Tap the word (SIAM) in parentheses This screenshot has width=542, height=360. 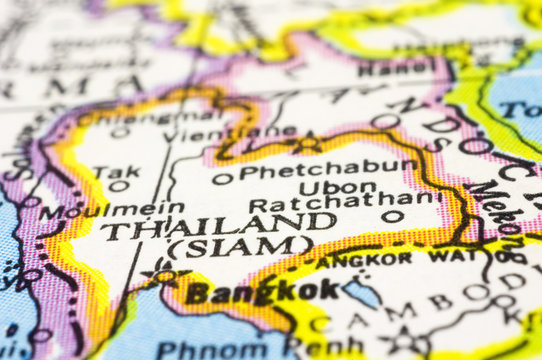point(239,246)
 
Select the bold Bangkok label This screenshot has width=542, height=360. point(262,292)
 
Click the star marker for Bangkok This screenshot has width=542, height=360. point(161,273)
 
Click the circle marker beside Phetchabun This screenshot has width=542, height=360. point(220,179)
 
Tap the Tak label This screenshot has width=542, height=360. point(117,173)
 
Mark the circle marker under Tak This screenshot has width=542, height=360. point(117,187)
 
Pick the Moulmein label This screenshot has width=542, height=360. point(111,211)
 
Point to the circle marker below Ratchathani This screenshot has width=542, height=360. point(393,216)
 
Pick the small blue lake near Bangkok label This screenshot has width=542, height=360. point(362,293)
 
